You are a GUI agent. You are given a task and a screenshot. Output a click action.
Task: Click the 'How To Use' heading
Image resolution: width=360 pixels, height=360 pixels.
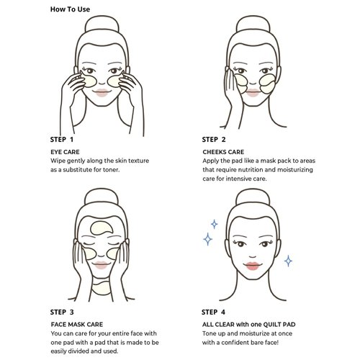point(70,9)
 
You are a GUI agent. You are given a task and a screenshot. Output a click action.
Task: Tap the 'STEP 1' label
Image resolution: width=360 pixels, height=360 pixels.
point(62,140)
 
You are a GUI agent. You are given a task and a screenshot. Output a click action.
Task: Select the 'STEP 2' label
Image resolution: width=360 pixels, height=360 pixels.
point(214,140)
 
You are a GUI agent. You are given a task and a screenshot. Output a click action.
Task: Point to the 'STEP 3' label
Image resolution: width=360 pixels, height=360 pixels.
point(62,312)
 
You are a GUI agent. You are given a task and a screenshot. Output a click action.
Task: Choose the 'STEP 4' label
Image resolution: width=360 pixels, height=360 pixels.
point(214,312)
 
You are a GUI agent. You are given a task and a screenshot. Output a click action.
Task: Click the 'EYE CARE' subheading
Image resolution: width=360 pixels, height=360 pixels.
point(65,152)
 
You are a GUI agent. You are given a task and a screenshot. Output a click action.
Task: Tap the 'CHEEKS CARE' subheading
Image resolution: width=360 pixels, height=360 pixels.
point(223,152)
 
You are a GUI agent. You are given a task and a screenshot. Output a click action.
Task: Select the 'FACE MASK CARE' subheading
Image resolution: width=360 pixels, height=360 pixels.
point(77,325)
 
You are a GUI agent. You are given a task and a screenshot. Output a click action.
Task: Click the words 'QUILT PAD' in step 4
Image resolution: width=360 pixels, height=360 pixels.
point(279,325)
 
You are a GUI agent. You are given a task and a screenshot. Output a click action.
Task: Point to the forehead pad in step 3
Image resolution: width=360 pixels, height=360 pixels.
point(100,228)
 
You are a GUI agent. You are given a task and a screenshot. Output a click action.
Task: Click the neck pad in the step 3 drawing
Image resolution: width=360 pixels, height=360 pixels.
point(102,289)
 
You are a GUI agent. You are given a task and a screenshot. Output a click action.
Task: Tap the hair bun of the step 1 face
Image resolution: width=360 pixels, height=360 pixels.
point(102,24)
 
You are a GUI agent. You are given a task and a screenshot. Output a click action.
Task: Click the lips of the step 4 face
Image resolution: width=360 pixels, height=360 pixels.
point(252,266)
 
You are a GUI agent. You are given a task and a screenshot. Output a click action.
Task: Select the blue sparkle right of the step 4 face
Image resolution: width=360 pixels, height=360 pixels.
point(288,261)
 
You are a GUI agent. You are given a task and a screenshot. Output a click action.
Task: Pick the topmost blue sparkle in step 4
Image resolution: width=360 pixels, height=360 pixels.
point(214,224)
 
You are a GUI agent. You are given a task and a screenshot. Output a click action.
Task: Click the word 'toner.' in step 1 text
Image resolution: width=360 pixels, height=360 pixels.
point(111,170)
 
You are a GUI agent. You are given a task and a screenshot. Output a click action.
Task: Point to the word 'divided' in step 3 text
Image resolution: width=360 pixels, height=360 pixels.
point(78,351)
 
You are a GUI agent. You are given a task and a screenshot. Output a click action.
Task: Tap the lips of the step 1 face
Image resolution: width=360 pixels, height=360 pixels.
point(102,93)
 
